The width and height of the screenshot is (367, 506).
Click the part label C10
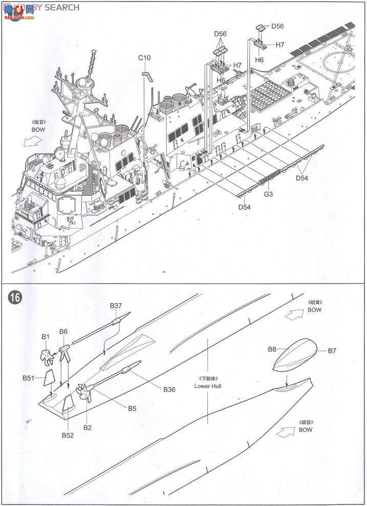pos(144,58)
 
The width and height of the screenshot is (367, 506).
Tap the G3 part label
pos(268,194)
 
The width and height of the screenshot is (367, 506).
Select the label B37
pos(116,306)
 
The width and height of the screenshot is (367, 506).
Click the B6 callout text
pos(63,331)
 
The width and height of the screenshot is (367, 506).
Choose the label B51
pos(29,378)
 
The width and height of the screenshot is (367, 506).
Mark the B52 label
pos(68,435)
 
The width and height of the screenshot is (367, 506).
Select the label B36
pos(169,389)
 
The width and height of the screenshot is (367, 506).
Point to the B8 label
pos(272,349)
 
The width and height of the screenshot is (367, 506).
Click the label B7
pos(332,351)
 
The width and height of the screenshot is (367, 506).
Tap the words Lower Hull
pos(208,386)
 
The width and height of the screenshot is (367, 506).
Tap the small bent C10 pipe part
pos(147,76)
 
